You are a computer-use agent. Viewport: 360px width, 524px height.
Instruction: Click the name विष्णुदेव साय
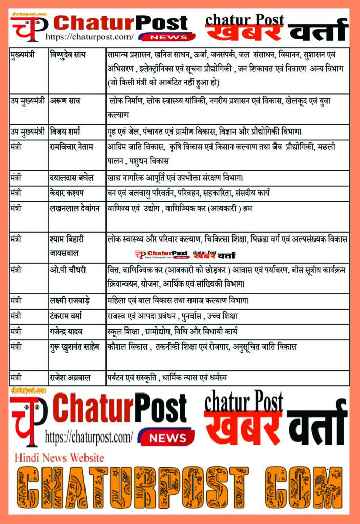point(71,54)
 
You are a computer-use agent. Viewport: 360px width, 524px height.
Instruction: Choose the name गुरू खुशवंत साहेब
point(77,347)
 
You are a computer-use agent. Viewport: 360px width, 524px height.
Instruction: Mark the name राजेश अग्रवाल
point(71,378)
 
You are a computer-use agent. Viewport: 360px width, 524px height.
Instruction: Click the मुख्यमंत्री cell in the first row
point(23,54)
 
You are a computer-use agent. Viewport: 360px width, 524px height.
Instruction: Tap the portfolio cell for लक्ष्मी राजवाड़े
point(178,300)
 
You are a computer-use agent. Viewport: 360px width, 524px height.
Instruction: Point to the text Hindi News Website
point(59,457)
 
